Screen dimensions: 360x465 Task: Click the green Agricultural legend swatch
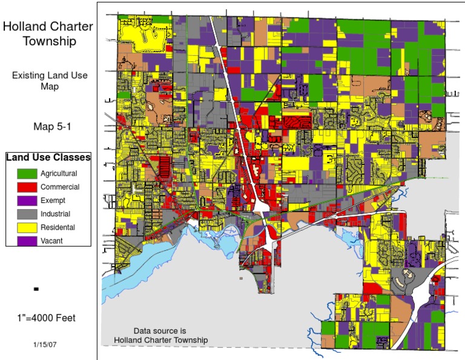point(27,173)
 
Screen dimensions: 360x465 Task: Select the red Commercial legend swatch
point(27,187)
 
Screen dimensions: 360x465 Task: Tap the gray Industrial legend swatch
point(27,213)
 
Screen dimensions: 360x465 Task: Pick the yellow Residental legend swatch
point(27,227)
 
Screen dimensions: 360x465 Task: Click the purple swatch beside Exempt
point(27,200)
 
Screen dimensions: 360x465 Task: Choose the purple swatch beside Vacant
point(27,241)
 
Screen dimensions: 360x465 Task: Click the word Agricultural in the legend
point(59,174)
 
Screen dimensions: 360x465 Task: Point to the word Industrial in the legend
point(55,214)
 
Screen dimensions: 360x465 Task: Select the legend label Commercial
point(60,187)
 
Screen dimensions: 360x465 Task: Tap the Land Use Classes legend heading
point(48,158)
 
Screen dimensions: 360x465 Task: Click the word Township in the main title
point(49,41)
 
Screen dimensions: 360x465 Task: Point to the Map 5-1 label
point(49,127)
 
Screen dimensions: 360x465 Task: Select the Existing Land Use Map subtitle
point(49,81)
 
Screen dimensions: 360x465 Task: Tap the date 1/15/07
point(46,344)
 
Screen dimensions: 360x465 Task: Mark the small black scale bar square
point(36,289)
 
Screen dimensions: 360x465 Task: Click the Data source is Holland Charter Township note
point(160,336)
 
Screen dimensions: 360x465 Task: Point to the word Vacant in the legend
point(52,241)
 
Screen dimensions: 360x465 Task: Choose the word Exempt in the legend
point(53,201)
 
